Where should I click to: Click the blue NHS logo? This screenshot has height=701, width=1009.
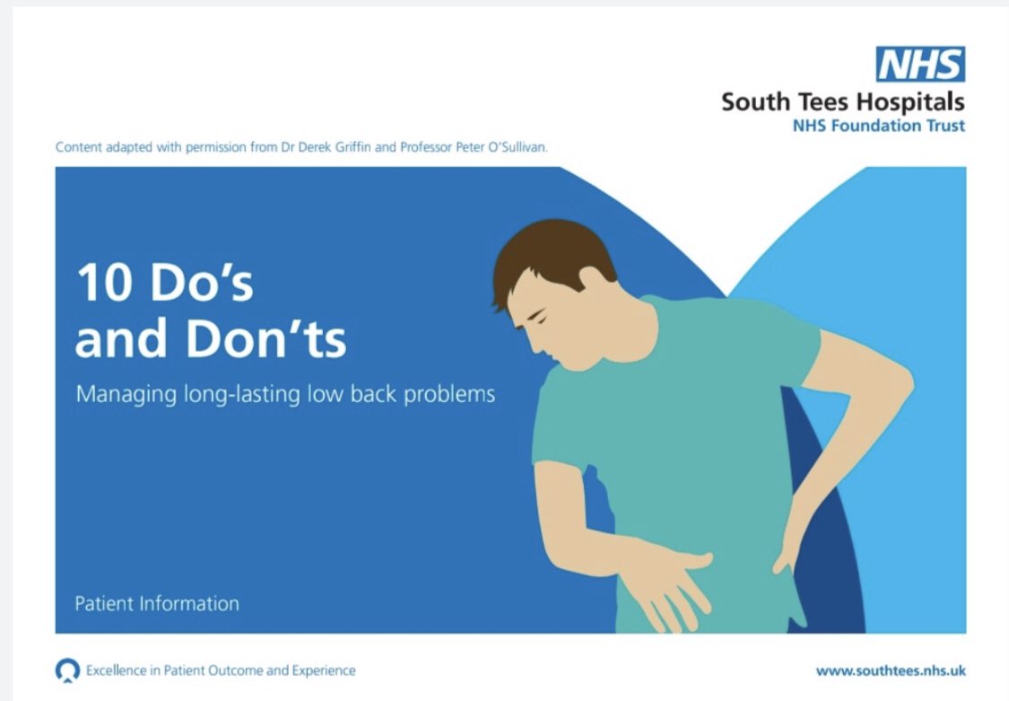920,65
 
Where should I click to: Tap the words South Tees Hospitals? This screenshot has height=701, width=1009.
842,101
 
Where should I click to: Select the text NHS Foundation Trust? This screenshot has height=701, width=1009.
878,126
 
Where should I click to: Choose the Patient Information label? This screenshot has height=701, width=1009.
156,603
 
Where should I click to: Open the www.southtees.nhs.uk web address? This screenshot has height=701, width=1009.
890,670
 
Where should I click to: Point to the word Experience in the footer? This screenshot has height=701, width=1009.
326,670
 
